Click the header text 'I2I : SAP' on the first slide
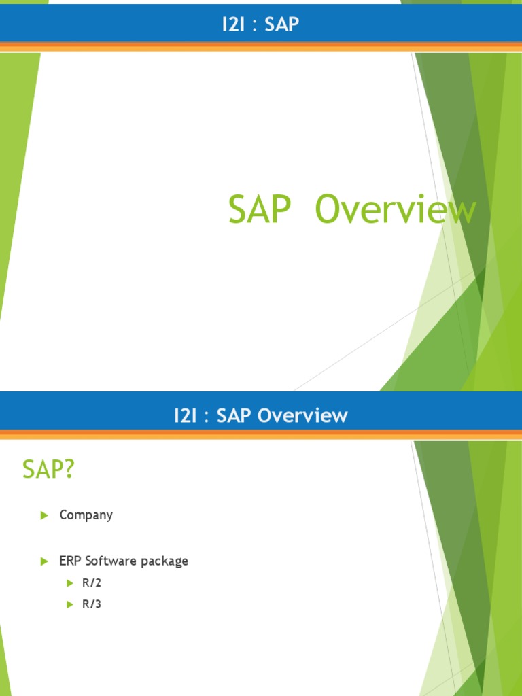click(x=261, y=25)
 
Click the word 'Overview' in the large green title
click(x=396, y=210)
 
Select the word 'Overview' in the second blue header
click(x=303, y=415)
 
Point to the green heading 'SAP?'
click(x=48, y=469)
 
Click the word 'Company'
click(x=86, y=515)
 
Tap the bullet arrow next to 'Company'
click(x=45, y=515)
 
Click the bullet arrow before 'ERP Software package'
click(x=45, y=561)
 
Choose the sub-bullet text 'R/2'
click(x=92, y=583)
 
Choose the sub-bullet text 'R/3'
click(x=92, y=604)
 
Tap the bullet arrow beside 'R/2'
click(x=69, y=583)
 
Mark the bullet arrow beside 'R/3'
click(x=69, y=604)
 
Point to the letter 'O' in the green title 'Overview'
click(x=328, y=210)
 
